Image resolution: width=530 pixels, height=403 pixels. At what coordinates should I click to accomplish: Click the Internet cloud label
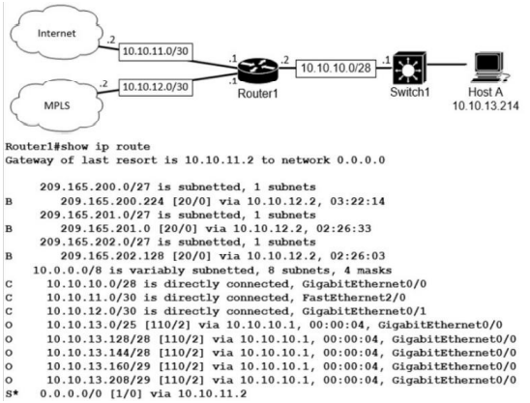click(x=57, y=33)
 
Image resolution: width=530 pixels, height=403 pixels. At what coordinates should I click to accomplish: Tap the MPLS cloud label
click(x=57, y=105)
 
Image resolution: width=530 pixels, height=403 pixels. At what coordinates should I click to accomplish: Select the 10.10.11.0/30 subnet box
click(x=156, y=51)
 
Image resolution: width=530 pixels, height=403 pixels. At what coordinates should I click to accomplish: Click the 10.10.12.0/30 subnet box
click(x=156, y=87)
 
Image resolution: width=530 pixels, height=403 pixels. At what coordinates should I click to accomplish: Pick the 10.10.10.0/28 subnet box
click(x=336, y=69)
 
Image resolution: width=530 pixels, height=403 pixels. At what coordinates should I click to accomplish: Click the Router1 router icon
click(x=257, y=71)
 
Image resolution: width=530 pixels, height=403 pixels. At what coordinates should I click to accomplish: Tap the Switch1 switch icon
click(x=409, y=69)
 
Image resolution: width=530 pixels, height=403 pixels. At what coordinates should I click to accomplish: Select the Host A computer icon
click(x=487, y=67)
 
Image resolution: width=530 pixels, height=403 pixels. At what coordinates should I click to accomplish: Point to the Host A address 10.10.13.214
click(x=486, y=106)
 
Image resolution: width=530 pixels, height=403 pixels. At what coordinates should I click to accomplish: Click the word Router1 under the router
click(x=257, y=94)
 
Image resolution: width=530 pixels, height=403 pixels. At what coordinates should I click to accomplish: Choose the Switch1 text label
click(x=410, y=92)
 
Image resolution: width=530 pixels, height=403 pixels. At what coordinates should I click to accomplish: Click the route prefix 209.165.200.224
click(x=112, y=201)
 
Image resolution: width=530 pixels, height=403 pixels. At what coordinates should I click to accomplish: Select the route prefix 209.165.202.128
click(x=112, y=256)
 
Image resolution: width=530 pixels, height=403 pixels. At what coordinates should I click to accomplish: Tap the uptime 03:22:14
click(x=357, y=201)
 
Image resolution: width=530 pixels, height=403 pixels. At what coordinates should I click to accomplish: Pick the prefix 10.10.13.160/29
click(x=99, y=366)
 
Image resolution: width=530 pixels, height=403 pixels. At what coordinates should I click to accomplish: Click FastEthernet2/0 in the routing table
click(x=354, y=298)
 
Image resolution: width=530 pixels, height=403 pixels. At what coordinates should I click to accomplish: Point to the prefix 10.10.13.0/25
click(x=92, y=325)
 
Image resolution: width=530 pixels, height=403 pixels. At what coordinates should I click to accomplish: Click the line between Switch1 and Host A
click(x=447, y=64)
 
